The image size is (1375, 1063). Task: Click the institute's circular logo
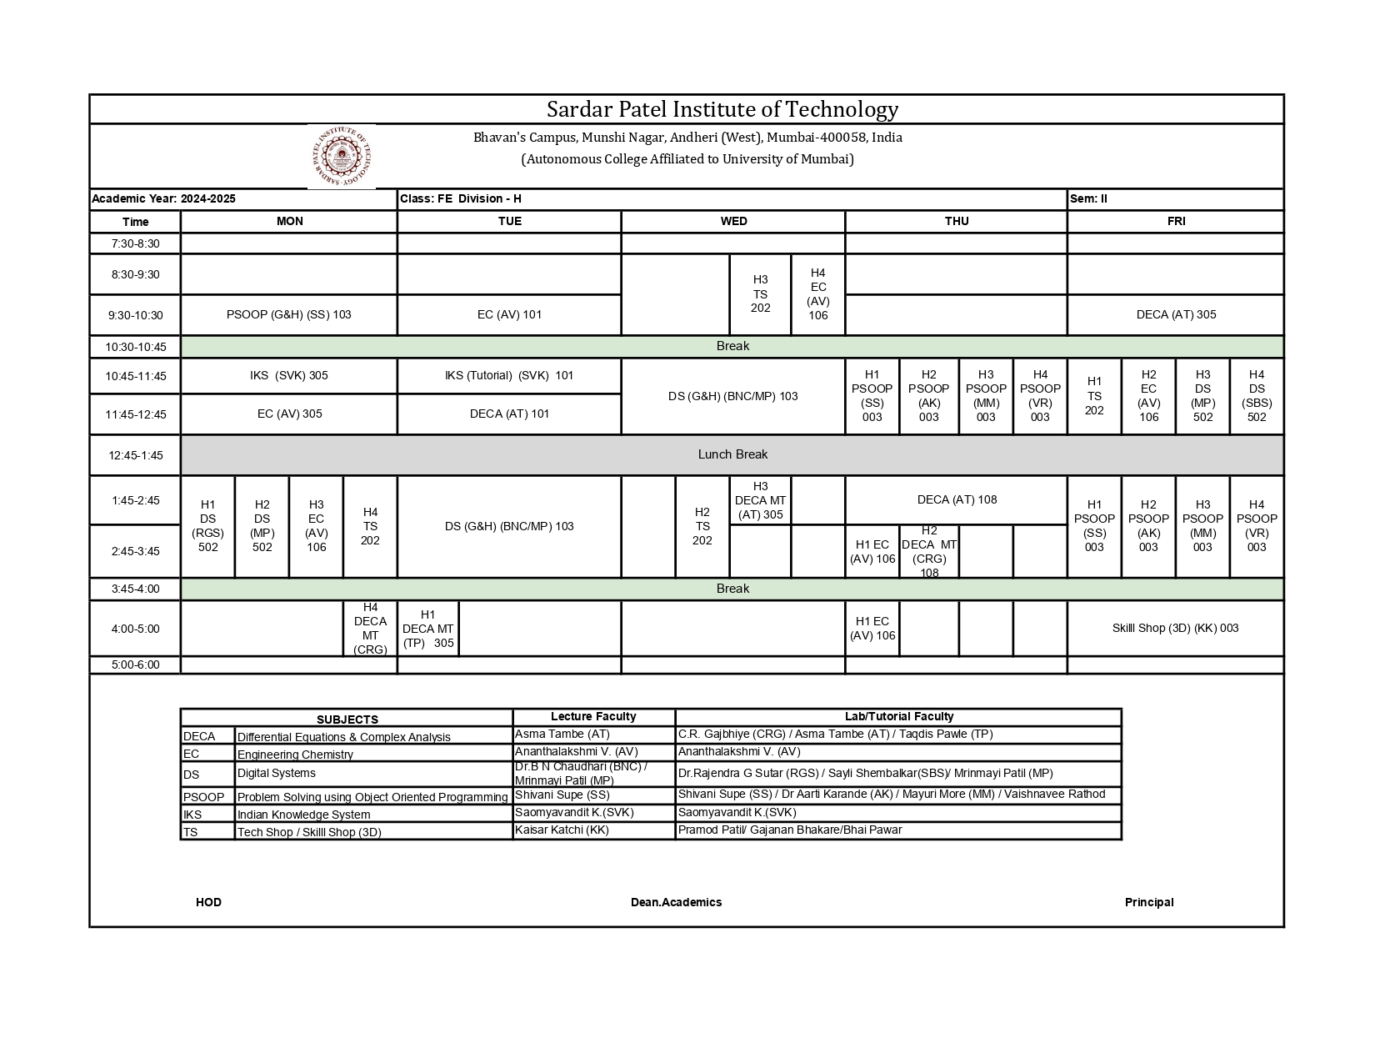point(341,157)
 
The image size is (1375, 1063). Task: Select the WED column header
point(733,221)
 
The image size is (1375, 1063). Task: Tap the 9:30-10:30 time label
point(135,315)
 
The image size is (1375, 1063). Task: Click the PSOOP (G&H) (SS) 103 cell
point(288,314)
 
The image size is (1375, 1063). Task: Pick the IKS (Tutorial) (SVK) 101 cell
point(509,375)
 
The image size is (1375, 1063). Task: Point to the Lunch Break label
point(732,454)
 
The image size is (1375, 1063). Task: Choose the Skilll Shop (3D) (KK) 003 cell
point(1175,628)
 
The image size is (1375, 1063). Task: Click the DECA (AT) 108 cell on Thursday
point(957,499)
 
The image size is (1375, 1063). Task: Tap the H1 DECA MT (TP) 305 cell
point(428,629)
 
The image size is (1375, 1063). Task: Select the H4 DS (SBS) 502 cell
point(1257,396)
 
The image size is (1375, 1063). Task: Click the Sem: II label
point(1089,198)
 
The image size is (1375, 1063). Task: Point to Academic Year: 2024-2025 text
point(164,198)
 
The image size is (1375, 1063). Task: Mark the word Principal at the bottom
point(1148,902)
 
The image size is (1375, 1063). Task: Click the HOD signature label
point(208,902)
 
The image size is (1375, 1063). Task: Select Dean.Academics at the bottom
point(676,902)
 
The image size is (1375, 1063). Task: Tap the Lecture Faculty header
point(593,716)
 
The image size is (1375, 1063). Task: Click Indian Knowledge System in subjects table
point(303,815)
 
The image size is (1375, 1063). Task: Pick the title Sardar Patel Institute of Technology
point(722,109)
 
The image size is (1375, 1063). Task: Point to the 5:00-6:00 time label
point(135,664)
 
